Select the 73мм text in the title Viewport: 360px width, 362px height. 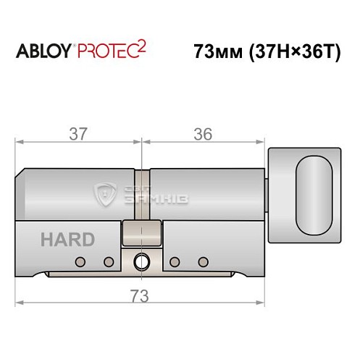point(216,52)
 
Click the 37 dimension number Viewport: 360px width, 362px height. point(79,133)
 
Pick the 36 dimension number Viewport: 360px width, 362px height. point(204,133)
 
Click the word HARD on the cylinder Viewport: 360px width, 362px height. point(67,240)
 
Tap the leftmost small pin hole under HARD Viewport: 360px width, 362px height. point(82,261)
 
